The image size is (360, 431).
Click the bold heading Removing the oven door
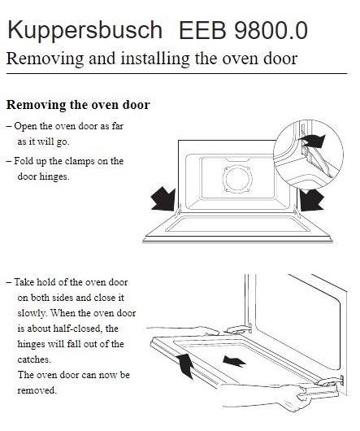pos(78,106)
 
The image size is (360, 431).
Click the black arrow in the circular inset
pos(311,141)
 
